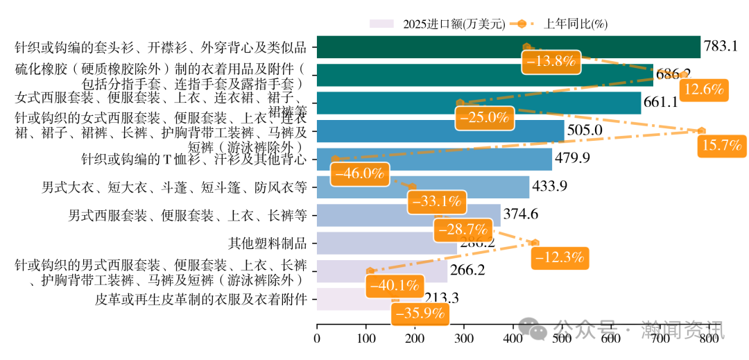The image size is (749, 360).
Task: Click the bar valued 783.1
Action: pos(508,47)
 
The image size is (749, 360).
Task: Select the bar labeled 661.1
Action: pos(479,103)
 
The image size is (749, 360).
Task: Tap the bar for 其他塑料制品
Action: pos(386,243)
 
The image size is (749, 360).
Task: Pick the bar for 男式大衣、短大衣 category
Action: pos(423,187)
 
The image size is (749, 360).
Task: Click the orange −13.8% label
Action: pos(551,62)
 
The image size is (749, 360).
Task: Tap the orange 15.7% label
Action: pos(722,146)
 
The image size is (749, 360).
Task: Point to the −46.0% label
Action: pos(359,173)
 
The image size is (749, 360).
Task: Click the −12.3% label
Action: pos(559,257)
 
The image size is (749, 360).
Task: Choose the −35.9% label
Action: pos(419,314)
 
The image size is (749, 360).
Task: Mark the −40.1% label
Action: pos(394,285)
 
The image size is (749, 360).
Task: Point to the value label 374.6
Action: pos(520,214)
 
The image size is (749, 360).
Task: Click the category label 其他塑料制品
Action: pos(268,243)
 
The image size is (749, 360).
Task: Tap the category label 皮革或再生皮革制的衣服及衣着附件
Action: pos(200,299)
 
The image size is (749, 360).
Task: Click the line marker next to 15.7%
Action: pos(702,130)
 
